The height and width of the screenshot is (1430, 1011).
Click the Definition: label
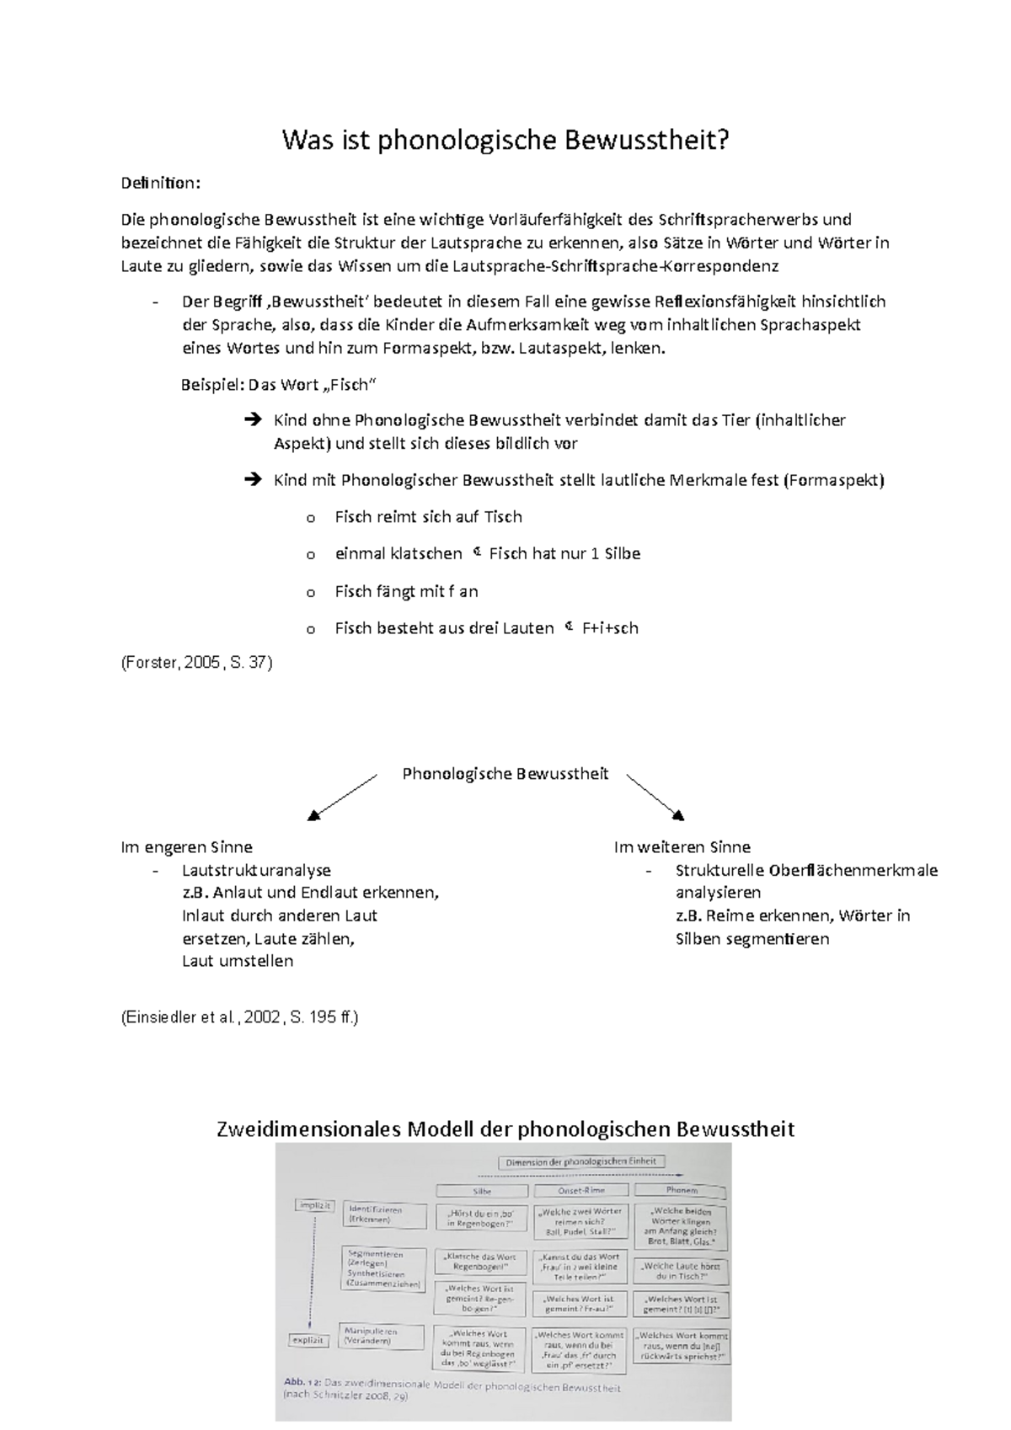tap(161, 183)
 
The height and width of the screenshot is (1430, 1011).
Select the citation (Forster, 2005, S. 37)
tap(196, 663)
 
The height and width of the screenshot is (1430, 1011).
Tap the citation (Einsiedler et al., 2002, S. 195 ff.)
tap(240, 1017)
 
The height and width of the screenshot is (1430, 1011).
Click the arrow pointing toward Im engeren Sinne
tap(341, 797)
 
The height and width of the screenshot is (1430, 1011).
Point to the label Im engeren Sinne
tap(186, 846)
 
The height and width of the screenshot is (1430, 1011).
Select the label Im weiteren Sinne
tap(682, 846)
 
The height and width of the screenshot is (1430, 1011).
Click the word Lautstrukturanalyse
tap(256, 870)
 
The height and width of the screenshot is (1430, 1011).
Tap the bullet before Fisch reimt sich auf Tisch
tap(311, 518)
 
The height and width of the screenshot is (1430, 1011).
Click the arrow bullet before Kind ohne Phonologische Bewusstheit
tap(251, 419)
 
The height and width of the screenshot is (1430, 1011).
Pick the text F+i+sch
tap(610, 627)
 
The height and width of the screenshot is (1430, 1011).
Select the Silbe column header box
tap(481, 1191)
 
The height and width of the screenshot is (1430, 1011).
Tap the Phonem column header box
tap(681, 1190)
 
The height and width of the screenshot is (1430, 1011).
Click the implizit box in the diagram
tap(314, 1206)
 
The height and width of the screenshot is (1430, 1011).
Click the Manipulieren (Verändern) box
tap(370, 1336)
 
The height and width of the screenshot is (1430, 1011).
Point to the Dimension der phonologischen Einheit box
tap(580, 1162)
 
